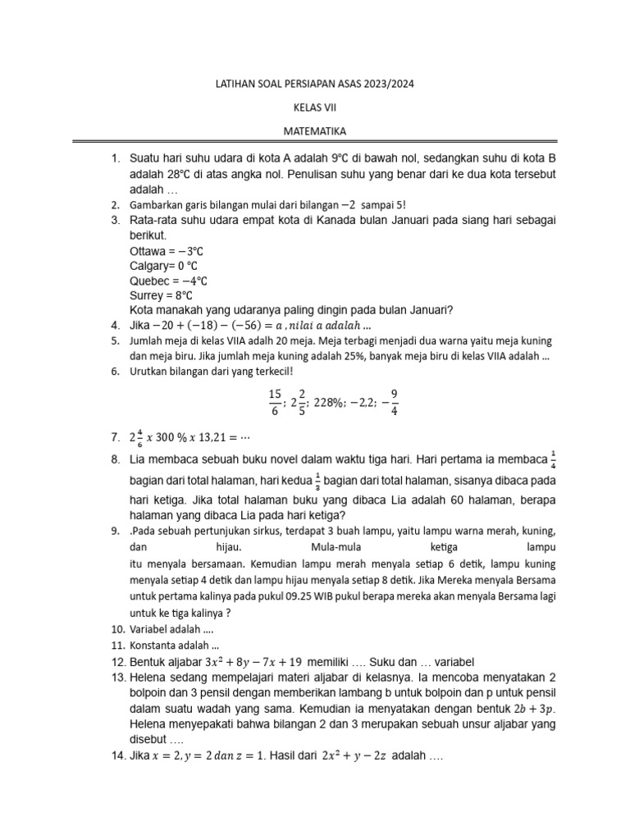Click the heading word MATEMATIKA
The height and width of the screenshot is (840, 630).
pyautogui.click(x=315, y=130)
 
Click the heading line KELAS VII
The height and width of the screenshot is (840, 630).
pyautogui.click(x=315, y=107)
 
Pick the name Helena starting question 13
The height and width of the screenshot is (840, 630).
pyautogui.click(x=149, y=678)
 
